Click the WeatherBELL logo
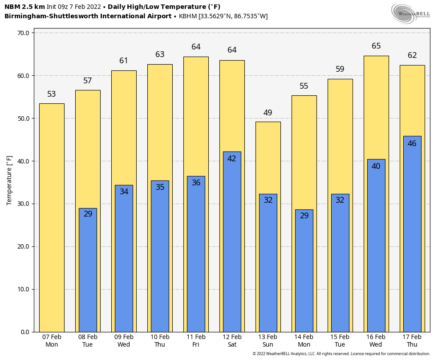point(410,13)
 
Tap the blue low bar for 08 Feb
point(88,272)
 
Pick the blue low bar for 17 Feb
point(412,236)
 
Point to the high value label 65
point(376,46)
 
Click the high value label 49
point(268,113)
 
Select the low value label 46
point(412,143)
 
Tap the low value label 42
point(232,159)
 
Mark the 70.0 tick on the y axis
point(23,33)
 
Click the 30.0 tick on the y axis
point(23,204)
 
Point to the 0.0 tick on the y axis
point(24,332)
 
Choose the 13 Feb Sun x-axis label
point(268,341)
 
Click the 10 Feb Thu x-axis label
point(160,341)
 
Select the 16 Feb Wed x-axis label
point(376,341)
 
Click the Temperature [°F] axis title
point(9,180)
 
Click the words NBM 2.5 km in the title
point(24,7)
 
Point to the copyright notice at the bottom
point(341,354)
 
